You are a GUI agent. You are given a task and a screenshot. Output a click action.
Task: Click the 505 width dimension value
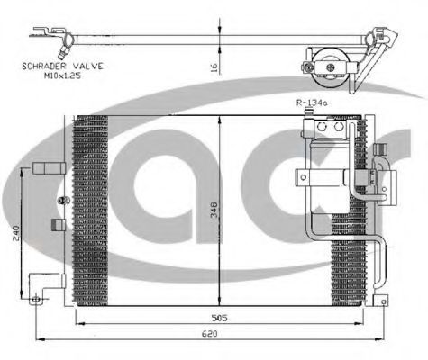[x=220, y=318]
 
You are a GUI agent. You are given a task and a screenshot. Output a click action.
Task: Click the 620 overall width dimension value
[x=209, y=333]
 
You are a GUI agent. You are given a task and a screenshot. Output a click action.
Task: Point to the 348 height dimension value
[x=214, y=210]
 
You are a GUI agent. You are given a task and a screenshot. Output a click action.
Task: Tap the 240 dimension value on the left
[x=15, y=233]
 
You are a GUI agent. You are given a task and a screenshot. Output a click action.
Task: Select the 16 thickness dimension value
[x=214, y=67]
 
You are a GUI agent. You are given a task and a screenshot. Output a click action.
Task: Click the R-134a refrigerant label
[x=312, y=103]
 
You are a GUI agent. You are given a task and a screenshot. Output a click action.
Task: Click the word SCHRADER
[x=44, y=66]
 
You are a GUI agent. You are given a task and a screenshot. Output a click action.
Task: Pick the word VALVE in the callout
[x=88, y=66]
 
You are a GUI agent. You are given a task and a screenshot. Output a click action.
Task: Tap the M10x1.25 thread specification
[x=62, y=76]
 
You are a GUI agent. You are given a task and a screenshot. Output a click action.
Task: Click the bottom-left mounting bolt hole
[x=36, y=299]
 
